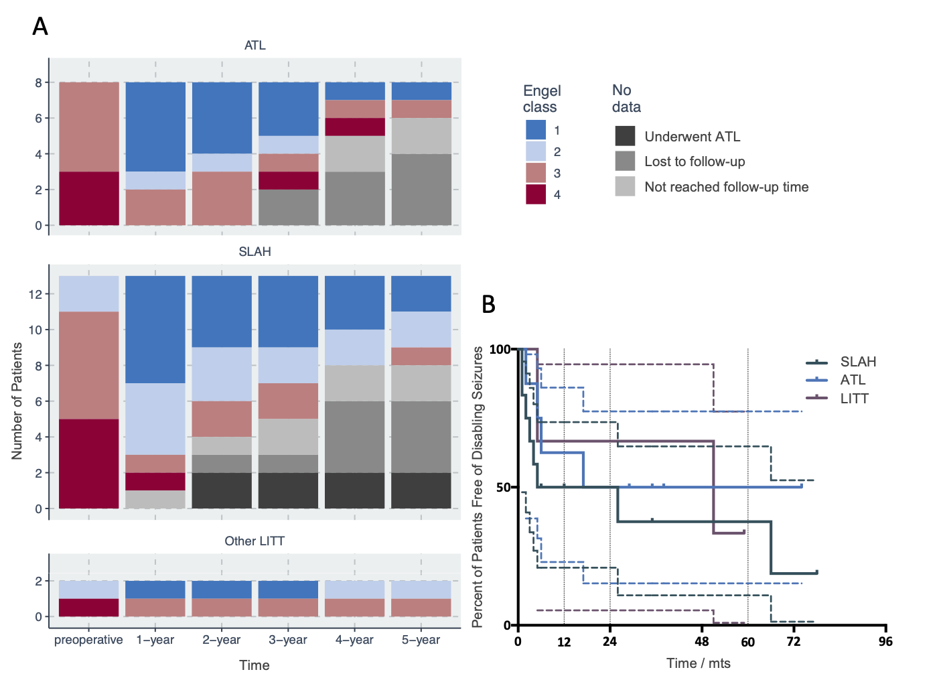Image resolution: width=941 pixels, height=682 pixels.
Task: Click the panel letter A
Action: (x=40, y=27)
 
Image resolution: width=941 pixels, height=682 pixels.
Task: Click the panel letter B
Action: (x=489, y=304)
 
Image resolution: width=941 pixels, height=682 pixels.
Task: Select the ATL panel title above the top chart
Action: (x=255, y=46)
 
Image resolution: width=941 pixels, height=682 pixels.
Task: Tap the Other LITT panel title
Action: (x=255, y=541)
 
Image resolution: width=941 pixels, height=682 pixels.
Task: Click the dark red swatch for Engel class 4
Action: (x=536, y=194)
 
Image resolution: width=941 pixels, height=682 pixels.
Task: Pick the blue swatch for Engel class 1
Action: (x=536, y=130)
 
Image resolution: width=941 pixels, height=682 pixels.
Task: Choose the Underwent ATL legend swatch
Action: (x=625, y=136)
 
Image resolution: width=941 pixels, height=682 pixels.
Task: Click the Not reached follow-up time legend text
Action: (x=726, y=187)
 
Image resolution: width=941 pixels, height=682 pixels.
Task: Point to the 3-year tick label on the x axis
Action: (x=288, y=640)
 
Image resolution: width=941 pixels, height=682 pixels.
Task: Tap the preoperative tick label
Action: (x=88, y=640)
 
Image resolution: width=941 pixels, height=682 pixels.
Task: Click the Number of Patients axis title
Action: (x=17, y=401)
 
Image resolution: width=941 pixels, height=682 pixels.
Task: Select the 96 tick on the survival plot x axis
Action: (x=885, y=642)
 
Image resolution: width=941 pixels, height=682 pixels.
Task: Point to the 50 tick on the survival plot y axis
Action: (x=504, y=488)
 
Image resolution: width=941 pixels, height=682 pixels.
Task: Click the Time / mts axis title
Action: (x=698, y=663)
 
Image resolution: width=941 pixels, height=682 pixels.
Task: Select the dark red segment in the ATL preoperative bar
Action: (x=89, y=198)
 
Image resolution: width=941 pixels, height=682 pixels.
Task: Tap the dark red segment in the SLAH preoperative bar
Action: (x=89, y=464)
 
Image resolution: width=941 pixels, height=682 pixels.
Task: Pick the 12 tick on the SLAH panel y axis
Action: (x=35, y=294)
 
